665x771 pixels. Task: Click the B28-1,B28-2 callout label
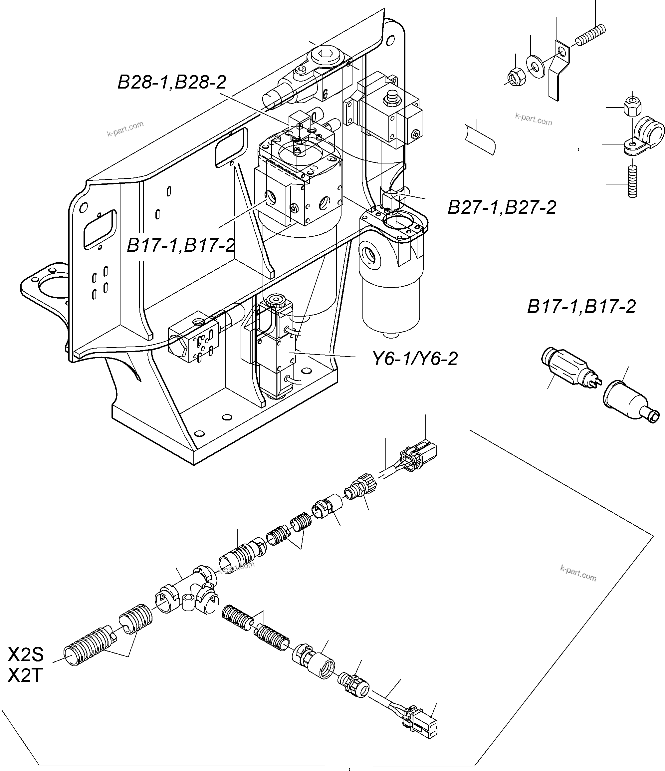point(172,82)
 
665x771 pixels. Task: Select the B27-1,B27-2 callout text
point(502,207)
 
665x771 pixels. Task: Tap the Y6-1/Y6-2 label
point(415,359)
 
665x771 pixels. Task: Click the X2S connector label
point(26,654)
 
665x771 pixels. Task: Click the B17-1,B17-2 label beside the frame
point(181,246)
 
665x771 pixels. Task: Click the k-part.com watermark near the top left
point(125,129)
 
